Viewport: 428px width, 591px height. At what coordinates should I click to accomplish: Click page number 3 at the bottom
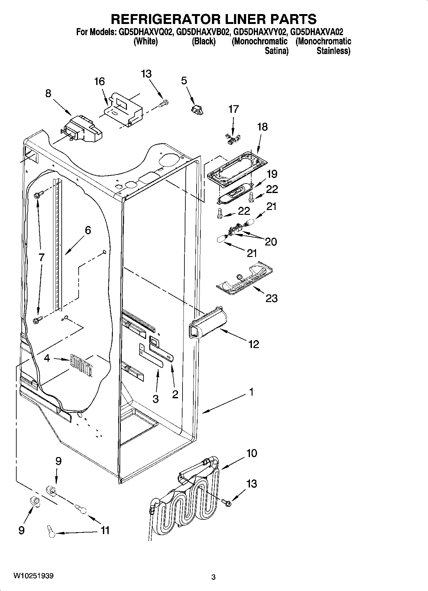click(x=214, y=577)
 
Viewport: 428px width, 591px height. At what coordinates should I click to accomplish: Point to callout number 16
click(x=99, y=82)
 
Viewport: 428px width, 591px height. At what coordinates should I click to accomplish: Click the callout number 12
click(x=253, y=344)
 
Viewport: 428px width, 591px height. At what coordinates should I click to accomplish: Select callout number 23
click(x=271, y=299)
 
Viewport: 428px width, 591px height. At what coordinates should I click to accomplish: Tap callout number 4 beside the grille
click(x=47, y=358)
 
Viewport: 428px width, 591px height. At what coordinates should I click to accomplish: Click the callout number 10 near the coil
click(x=252, y=453)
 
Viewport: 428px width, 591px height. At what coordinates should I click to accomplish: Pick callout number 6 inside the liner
click(x=88, y=230)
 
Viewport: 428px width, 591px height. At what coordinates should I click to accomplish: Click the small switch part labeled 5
click(x=197, y=109)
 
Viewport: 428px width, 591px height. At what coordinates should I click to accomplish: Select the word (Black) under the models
click(x=204, y=42)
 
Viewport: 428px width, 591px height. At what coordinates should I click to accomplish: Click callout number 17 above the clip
click(x=233, y=109)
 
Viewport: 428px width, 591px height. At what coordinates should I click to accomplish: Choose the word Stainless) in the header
click(x=333, y=51)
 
